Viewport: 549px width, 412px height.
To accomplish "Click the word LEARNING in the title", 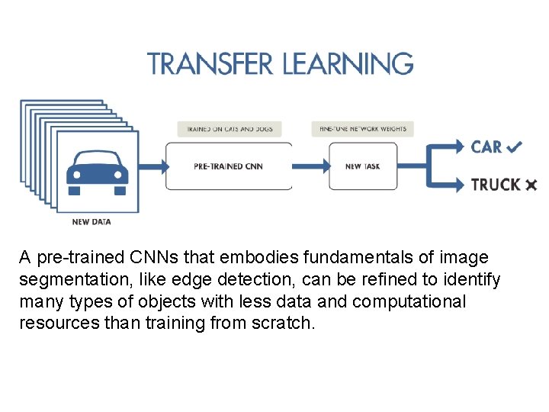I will click(x=348, y=63).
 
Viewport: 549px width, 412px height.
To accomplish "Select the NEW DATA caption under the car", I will click(x=91, y=222).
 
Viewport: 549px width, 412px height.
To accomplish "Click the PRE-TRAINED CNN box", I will click(x=229, y=166).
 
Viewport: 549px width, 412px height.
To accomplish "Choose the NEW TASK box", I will click(x=363, y=166).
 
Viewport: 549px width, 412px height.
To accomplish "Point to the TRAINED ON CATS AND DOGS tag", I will click(x=230, y=129).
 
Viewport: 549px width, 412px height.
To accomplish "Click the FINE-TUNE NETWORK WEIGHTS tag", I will click(x=363, y=129).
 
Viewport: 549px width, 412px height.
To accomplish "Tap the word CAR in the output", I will click(x=486, y=146).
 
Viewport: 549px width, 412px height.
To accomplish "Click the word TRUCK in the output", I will click(x=496, y=185).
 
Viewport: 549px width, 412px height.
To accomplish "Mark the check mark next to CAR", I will click(x=514, y=146).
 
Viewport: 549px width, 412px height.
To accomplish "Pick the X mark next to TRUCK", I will click(x=531, y=185).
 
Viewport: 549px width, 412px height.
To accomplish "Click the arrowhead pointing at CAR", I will click(x=457, y=146).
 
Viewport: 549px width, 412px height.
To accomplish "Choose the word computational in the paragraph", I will click(x=408, y=301).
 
